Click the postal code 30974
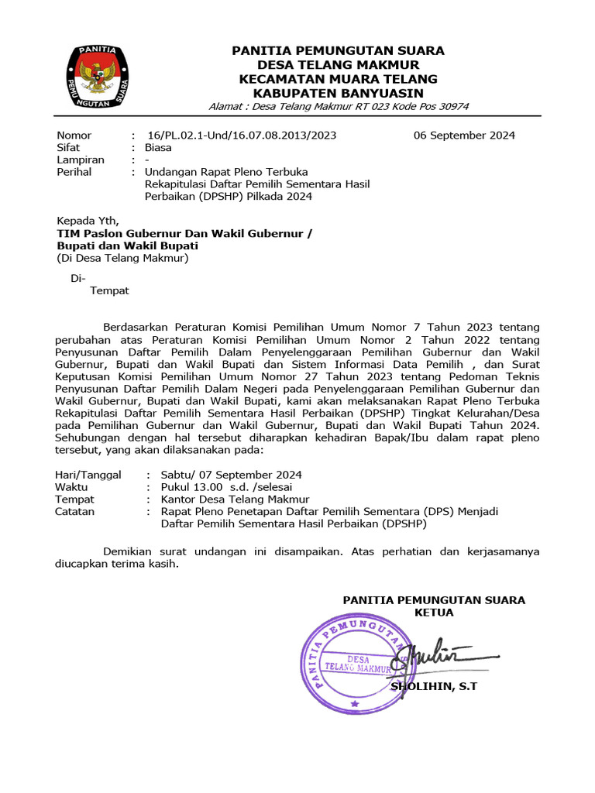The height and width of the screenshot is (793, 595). pos(453,106)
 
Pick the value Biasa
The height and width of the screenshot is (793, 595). pos(158,147)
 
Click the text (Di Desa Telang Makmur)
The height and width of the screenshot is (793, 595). pos(122,258)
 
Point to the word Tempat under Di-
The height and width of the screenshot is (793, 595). pos(110,291)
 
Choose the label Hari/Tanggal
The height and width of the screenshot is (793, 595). pos(88,475)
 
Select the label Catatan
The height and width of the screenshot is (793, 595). pos(75,512)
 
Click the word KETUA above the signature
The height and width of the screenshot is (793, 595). pos(434,613)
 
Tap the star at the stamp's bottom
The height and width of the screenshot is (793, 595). pos(355,704)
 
